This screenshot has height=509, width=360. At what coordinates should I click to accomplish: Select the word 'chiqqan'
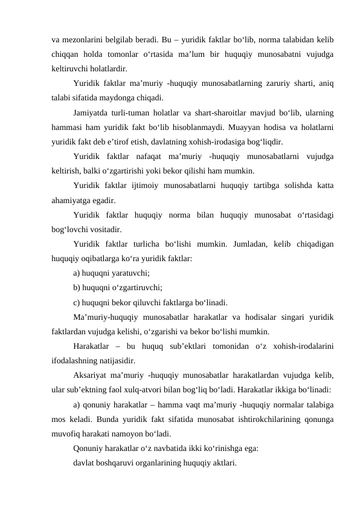[66, 55]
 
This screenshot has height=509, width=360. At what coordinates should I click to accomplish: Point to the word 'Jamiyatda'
[92, 113]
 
